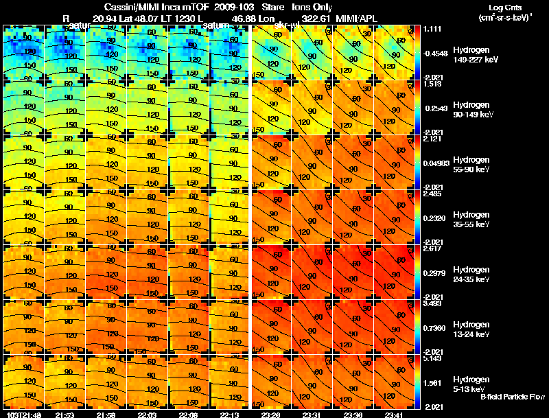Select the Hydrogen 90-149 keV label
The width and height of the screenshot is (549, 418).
click(x=474, y=109)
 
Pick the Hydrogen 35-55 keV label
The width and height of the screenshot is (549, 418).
click(x=474, y=219)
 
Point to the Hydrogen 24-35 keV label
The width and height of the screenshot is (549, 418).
click(x=474, y=274)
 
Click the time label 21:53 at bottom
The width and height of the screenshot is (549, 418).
click(x=65, y=414)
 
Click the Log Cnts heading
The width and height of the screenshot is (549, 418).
click(x=497, y=6)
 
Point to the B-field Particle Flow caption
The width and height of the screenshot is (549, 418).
click(x=513, y=397)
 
